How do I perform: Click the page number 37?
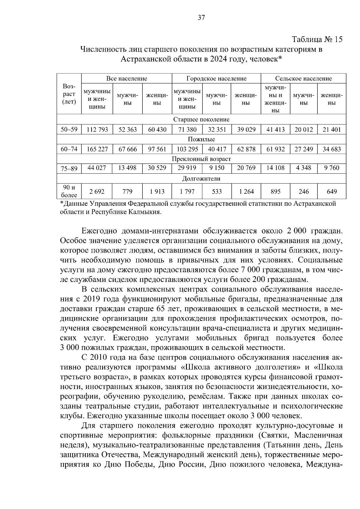[x=201, y=18]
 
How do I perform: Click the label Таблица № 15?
[x=317, y=40]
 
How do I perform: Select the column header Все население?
[x=127, y=79]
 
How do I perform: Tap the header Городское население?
[x=216, y=79]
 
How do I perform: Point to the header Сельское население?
[x=303, y=79]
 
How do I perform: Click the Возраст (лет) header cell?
[x=69, y=94]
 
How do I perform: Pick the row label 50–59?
[x=69, y=130]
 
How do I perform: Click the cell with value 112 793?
[x=97, y=130]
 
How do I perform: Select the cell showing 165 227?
[x=97, y=149]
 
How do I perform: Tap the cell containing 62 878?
[x=246, y=149]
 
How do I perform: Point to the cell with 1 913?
[x=157, y=191]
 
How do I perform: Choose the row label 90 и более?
[x=69, y=191]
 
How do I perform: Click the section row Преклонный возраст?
[x=201, y=159]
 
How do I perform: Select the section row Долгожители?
[x=201, y=179]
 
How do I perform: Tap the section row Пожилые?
[x=201, y=139]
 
